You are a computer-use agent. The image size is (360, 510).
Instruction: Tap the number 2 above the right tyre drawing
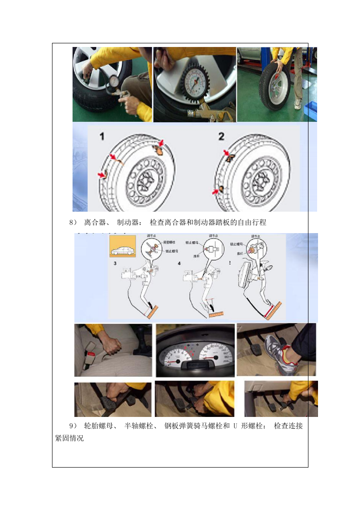[x=221, y=136]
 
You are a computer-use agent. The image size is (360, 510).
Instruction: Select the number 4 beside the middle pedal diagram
[x=179, y=263]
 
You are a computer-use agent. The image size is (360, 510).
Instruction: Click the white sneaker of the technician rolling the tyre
[x=298, y=104]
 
